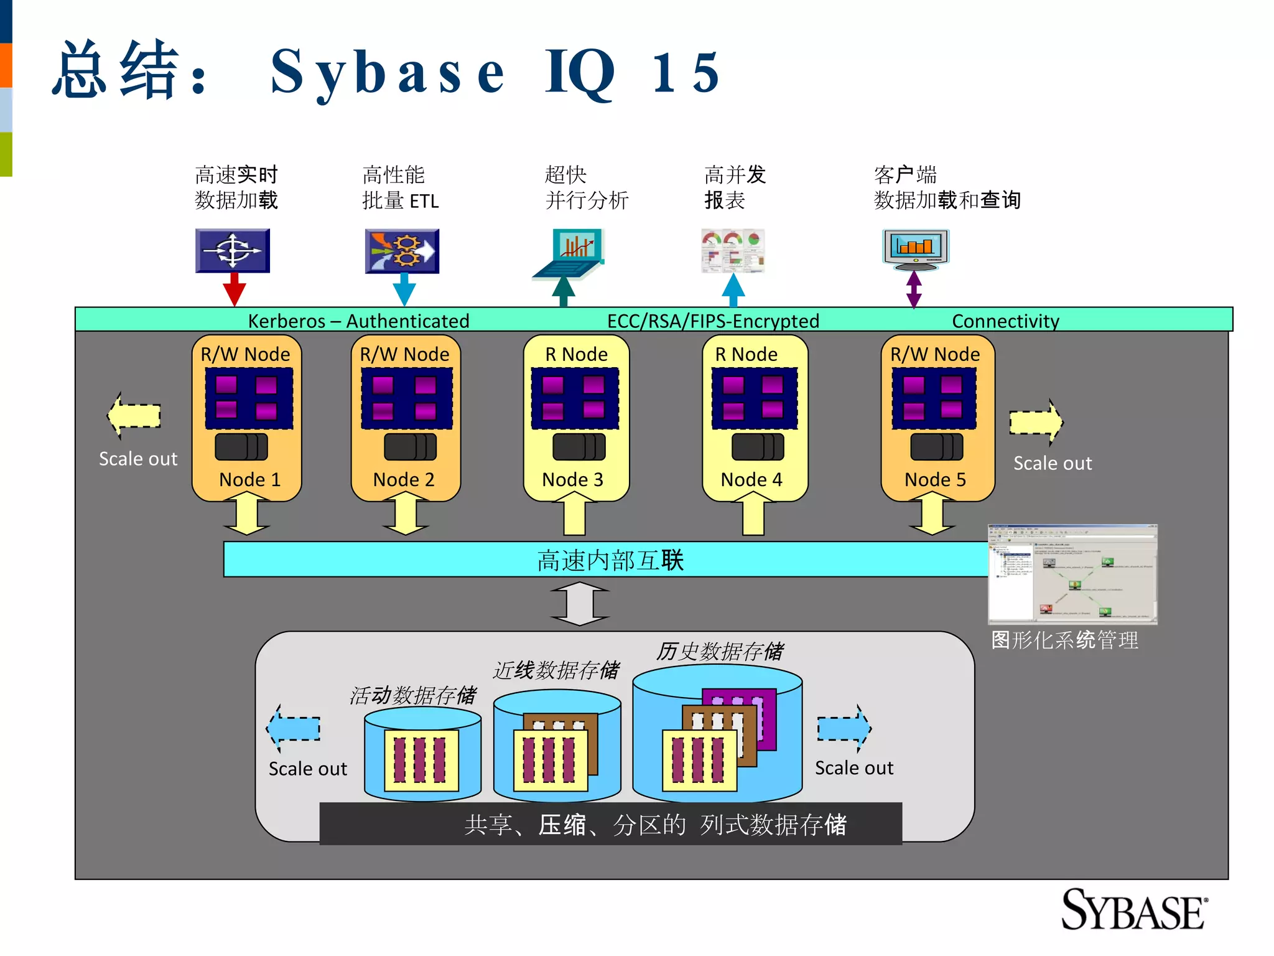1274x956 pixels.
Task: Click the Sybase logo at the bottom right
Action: tap(1133, 910)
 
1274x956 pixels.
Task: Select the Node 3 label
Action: tap(572, 479)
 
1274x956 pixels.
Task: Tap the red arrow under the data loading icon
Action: tap(235, 289)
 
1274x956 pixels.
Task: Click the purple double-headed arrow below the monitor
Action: tap(914, 289)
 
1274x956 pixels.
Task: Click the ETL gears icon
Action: tap(402, 251)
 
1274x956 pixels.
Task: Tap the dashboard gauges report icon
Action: tap(733, 250)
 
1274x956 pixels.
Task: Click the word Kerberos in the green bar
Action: tap(286, 321)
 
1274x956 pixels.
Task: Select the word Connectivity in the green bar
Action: tap(1005, 321)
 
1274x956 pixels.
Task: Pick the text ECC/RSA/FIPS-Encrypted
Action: tap(713, 321)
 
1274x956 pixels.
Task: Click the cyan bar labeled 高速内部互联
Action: tap(610, 560)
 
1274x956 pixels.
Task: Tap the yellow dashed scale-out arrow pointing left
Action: tap(134, 416)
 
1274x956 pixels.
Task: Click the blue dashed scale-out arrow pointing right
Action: tap(844, 728)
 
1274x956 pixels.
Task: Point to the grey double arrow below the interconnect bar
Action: tap(580, 604)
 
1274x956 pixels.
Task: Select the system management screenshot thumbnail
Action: tap(1072, 574)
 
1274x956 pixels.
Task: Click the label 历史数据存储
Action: tap(720, 652)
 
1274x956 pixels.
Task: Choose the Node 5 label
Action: tap(935, 479)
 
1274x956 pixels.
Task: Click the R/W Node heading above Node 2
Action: tap(404, 354)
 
